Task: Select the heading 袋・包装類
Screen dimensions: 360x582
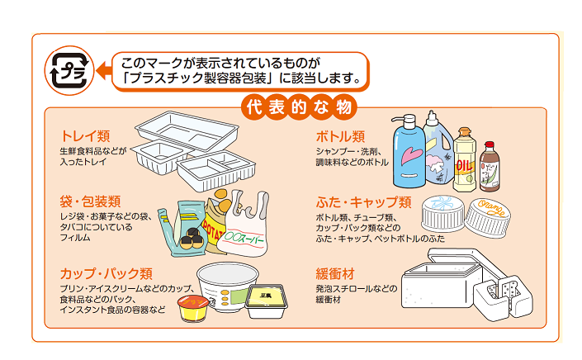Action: pyautogui.click(x=91, y=201)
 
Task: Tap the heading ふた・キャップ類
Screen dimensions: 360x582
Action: pyautogui.click(x=364, y=201)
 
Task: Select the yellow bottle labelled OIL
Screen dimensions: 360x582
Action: pyautogui.click(x=466, y=157)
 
